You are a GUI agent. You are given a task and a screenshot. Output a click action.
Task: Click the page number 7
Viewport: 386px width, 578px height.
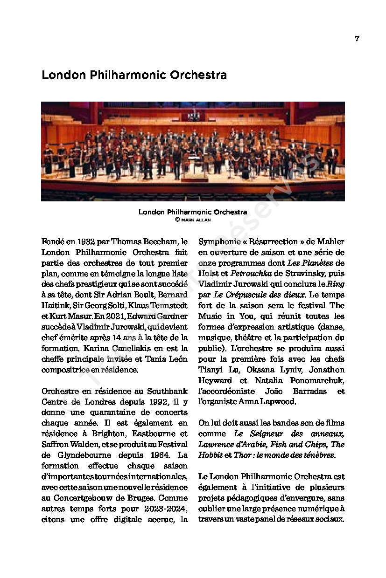(x=357, y=39)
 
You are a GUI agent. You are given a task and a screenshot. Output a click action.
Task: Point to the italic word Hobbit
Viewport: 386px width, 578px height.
(x=211, y=455)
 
